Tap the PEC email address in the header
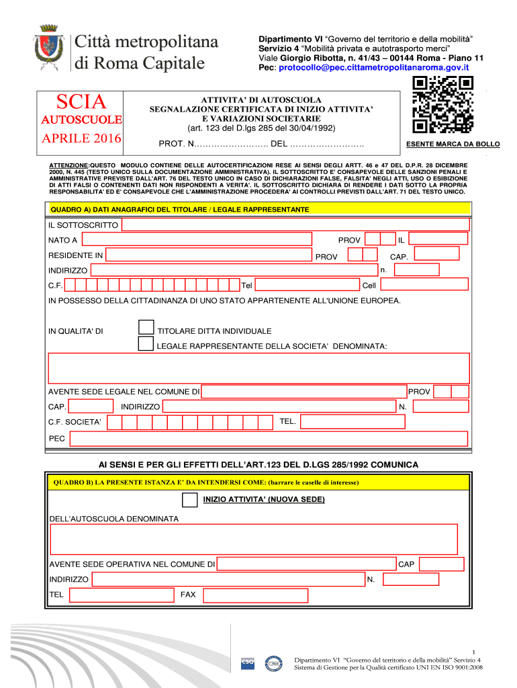374,68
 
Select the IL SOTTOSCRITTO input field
295,224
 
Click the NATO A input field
197,239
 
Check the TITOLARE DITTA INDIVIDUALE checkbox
145,328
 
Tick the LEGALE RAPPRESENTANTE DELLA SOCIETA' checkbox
145,345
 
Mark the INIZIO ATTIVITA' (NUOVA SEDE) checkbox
190,500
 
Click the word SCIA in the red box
81,102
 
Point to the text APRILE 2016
81,139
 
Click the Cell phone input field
424,285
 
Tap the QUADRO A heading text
179,210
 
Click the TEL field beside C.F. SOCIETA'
352,421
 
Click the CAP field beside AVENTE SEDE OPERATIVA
441,564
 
